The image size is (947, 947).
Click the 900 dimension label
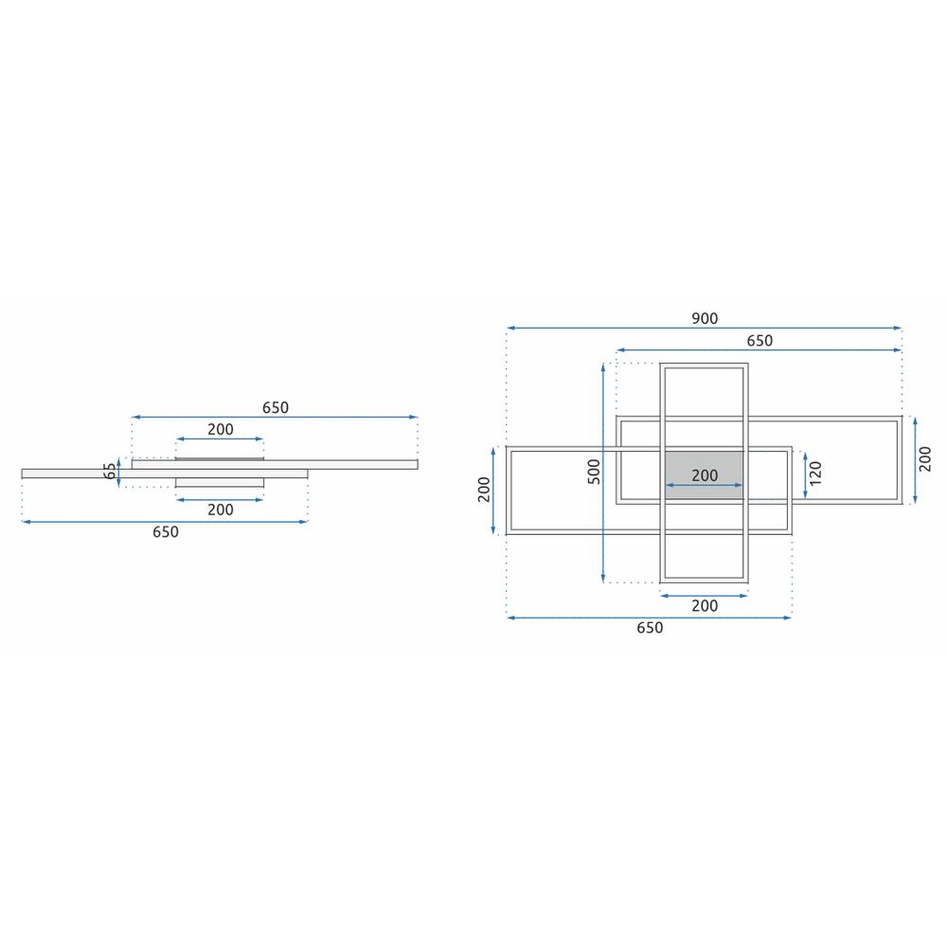(x=705, y=318)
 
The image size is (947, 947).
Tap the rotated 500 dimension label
(x=593, y=472)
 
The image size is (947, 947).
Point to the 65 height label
(x=110, y=471)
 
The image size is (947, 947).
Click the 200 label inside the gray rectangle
(x=705, y=475)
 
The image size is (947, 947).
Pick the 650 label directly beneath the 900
(x=759, y=341)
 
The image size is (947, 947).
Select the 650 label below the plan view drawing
(x=650, y=628)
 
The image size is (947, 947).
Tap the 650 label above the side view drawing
(x=275, y=408)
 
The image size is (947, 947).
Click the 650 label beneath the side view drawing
(x=165, y=532)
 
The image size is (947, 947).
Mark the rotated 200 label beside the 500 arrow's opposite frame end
(x=485, y=490)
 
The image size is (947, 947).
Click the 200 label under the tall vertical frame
(x=705, y=606)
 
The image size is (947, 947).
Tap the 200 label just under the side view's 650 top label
(x=220, y=429)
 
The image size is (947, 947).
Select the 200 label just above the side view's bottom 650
(x=220, y=509)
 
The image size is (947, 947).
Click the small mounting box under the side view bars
(x=220, y=483)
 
